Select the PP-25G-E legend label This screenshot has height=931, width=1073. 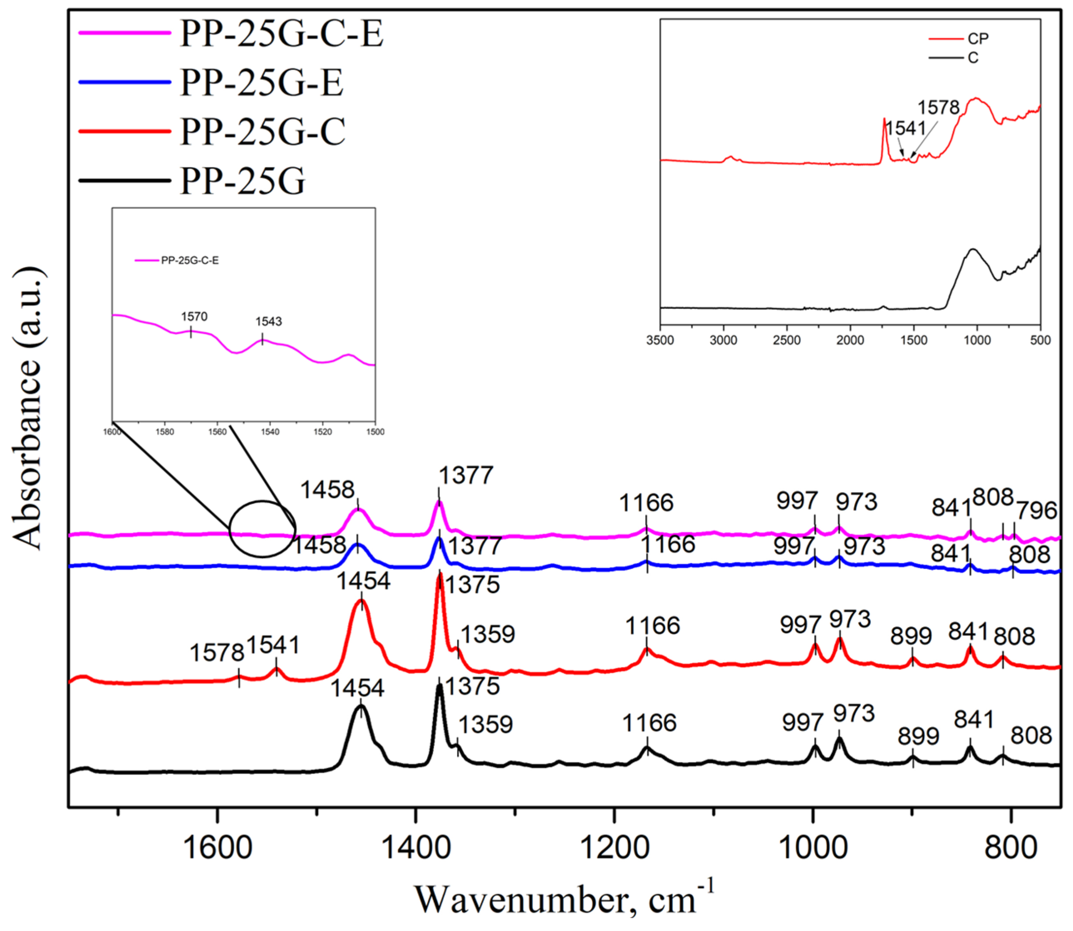[261, 82]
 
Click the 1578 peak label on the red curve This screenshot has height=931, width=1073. [217, 653]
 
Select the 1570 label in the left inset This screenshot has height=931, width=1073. [194, 316]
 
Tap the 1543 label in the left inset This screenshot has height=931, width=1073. [268, 322]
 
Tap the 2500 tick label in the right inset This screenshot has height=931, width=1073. [786, 341]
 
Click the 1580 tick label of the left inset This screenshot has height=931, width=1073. [165, 432]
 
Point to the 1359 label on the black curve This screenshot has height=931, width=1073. [486, 724]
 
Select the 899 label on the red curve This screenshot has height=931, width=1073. [911, 636]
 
